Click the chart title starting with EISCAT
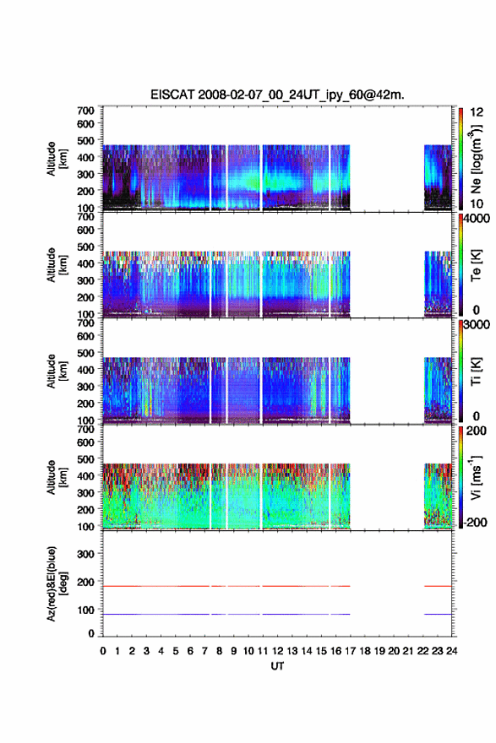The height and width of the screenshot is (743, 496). tap(277, 95)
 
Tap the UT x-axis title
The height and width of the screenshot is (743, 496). tap(277, 666)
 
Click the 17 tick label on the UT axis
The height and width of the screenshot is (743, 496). tap(350, 651)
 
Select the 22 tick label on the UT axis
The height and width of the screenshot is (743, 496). tap(423, 651)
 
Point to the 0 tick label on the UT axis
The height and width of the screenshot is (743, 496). tap(103, 651)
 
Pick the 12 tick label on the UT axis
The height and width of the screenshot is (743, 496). tap(277, 651)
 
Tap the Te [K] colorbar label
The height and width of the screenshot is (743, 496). tap(476, 265)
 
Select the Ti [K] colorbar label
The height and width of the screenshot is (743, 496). tap(476, 371)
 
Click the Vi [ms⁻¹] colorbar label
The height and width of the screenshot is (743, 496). tap(476, 477)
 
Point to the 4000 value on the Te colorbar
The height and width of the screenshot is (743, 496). tap(477, 219)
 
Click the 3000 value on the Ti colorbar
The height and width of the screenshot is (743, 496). tap(477, 324)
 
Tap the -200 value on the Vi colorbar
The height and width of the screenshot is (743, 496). tap(475, 522)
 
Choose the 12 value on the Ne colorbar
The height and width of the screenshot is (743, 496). tap(477, 112)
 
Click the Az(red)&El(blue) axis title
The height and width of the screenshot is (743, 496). tap(57, 583)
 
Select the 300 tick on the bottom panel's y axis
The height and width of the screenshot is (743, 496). tap(85, 554)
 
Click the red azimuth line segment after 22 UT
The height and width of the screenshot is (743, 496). tap(438, 586)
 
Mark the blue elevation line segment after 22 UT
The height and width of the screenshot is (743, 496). tap(438, 614)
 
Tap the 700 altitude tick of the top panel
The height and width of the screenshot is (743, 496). tap(85, 111)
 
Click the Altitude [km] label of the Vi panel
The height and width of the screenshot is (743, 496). tap(57, 477)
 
